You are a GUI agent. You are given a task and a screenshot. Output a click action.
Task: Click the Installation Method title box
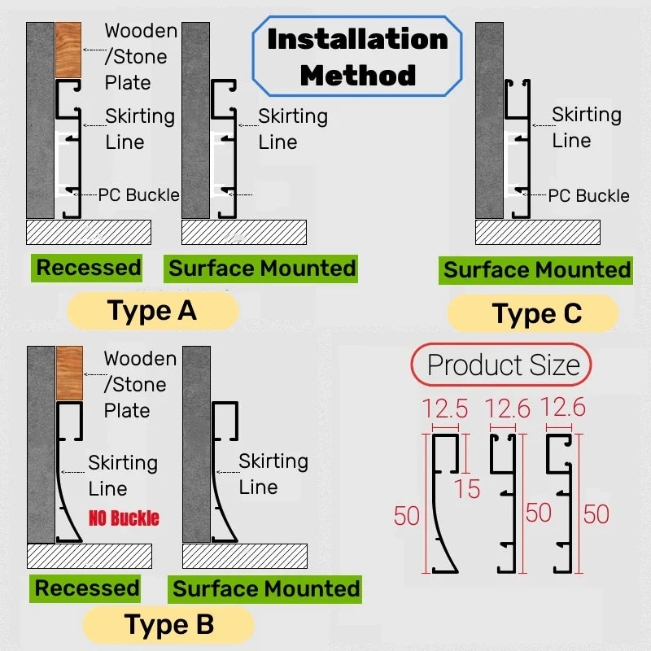(x=357, y=57)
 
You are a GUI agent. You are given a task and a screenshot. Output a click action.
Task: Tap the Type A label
(x=152, y=311)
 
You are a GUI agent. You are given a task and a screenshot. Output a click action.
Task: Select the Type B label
(x=168, y=624)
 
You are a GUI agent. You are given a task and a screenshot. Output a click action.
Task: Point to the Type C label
(x=537, y=313)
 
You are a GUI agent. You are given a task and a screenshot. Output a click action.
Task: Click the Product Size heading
(x=502, y=365)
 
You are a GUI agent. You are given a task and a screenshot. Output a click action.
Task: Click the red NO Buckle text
(x=125, y=518)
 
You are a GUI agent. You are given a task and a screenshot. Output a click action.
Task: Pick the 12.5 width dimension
(x=445, y=409)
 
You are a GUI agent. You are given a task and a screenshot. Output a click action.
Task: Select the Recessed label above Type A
(x=88, y=268)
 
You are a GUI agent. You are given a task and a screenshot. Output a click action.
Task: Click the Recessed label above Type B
(x=87, y=588)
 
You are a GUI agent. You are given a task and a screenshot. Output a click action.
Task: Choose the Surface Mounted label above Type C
(x=537, y=270)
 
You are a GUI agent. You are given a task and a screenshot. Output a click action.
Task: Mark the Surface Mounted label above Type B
(x=266, y=589)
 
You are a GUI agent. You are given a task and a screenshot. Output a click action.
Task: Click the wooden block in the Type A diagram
(x=68, y=50)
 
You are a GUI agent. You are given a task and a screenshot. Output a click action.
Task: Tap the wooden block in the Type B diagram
(x=69, y=373)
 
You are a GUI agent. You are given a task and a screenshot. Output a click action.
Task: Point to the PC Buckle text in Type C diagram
(x=588, y=196)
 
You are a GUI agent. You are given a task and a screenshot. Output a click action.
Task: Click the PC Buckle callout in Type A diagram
(x=138, y=194)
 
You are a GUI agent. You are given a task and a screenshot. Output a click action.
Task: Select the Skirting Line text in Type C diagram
(x=585, y=127)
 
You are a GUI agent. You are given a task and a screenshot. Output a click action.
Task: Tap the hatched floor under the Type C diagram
(x=538, y=232)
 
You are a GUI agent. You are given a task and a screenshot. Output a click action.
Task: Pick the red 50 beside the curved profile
(x=407, y=515)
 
